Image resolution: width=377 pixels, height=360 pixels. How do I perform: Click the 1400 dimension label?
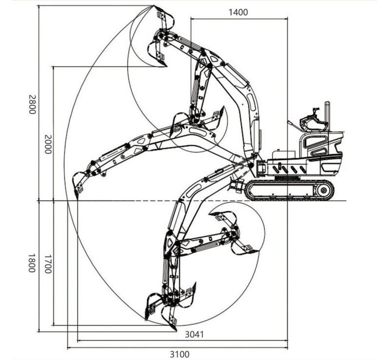(238, 12)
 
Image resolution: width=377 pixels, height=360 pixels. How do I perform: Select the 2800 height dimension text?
(32, 104)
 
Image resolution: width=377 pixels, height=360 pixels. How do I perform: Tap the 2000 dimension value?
(48, 144)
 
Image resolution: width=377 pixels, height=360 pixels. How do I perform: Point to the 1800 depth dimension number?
(32, 263)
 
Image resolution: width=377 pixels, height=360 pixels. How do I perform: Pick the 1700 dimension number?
(48, 264)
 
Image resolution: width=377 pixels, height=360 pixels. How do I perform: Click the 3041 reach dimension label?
(194, 334)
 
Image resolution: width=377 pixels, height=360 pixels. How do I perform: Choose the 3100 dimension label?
(179, 354)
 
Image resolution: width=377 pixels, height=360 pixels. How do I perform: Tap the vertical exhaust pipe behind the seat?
(327, 115)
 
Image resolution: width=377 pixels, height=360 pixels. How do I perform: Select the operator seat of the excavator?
(313, 122)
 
